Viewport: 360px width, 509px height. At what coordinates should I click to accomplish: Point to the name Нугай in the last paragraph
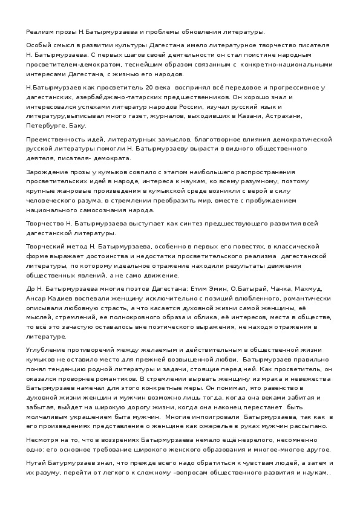click(38, 463)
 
